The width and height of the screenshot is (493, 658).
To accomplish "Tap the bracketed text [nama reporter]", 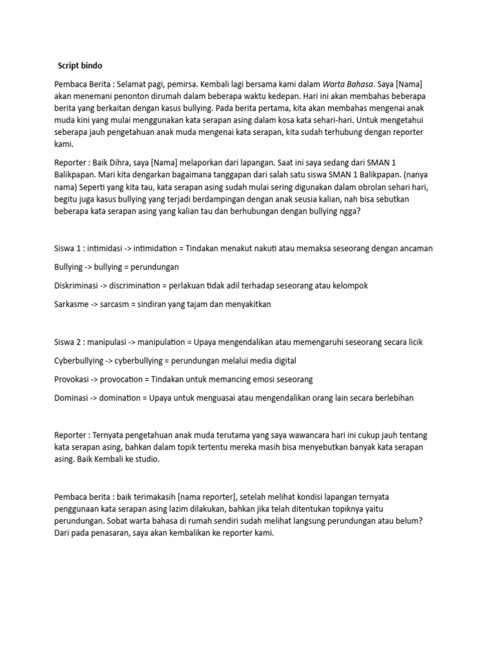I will pos(202,497).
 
